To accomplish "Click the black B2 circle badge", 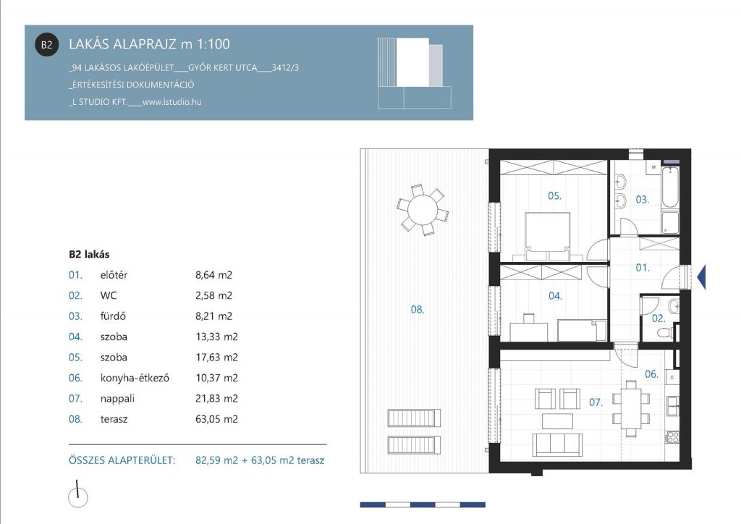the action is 47,45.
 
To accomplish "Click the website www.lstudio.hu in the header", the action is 172,101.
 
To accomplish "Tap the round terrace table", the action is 423,211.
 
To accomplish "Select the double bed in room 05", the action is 547,236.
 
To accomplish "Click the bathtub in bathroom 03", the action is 670,187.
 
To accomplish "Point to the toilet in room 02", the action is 666,333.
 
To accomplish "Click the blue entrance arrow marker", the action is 701,277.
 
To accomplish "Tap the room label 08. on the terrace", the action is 418,310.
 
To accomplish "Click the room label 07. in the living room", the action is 596,402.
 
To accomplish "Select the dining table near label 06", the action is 631,409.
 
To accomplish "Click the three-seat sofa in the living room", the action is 557,444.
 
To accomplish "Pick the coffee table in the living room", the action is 557,420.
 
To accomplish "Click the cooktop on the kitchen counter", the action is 672,437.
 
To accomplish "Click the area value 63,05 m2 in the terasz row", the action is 216,419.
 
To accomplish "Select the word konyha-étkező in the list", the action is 135,378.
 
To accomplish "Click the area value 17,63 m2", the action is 216,358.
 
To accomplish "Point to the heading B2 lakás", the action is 89,254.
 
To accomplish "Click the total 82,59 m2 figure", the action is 216,460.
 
